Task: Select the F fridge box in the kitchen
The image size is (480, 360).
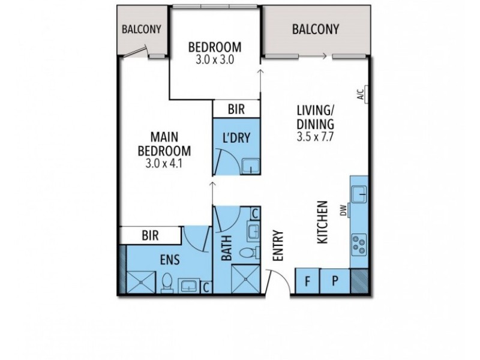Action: click(x=307, y=280)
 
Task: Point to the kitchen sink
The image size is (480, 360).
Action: click(x=360, y=193)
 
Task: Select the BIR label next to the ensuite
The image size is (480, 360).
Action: click(x=149, y=236)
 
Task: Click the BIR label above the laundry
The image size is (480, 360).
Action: click(x=236, y=109)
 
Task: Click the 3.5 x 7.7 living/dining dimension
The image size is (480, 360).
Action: click(x=315, y=137)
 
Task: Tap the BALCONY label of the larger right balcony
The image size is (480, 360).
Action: click(x=316, y=29)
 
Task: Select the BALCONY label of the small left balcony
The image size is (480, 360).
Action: click(x=140, y=29)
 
